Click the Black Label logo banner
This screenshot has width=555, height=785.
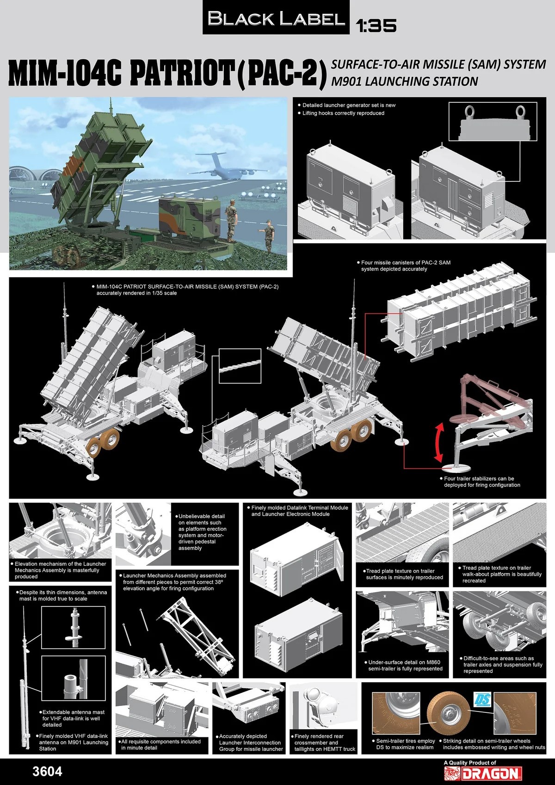[x=276, y=17]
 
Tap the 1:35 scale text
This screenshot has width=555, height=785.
[x=376, y=25]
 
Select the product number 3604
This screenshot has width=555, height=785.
[x=47, y=771]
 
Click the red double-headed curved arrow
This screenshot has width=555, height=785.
[x=439, y=442]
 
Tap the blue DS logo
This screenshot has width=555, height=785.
[x=483, y=699]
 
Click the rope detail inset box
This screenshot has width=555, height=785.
[x=240, y=366]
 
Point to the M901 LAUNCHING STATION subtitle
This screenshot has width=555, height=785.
[x=404, y=81]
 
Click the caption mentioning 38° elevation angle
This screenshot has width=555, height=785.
[x=173, y=582]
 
